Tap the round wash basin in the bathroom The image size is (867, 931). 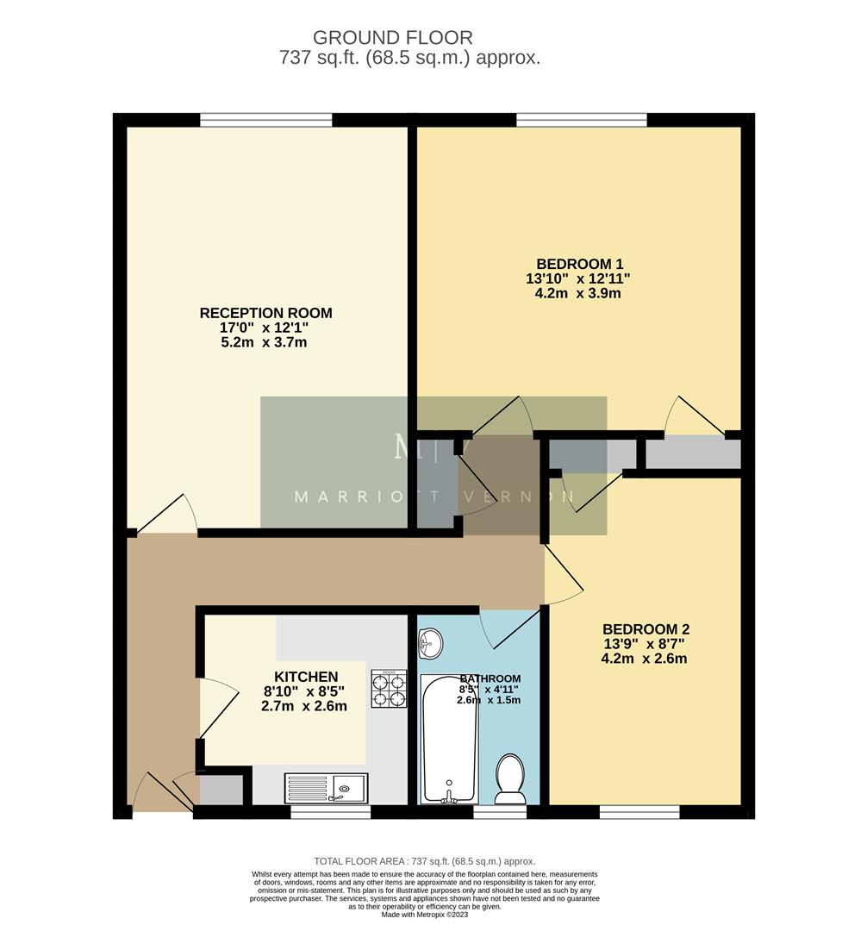click(430, 642)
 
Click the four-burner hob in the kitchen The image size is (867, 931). click(389, 689)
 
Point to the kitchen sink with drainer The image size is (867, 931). click(327, 787)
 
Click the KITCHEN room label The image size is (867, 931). click(306, 677)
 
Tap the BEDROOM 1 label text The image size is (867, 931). click(579, 264)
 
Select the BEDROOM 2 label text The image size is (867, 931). click(646, 629)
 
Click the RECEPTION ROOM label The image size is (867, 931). click(265, 313)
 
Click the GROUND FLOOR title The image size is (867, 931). click(392, 38)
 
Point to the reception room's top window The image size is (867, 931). click(265, 120)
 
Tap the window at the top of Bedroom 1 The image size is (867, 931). click(582, 120)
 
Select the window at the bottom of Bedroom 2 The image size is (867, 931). click(639, 811)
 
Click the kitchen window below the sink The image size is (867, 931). click(330, 811)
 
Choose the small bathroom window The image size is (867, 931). click(500, 811)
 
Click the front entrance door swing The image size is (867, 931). click(152, 791)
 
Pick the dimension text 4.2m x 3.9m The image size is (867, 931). click(578, 293)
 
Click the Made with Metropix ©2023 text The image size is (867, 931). click(425, 915)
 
